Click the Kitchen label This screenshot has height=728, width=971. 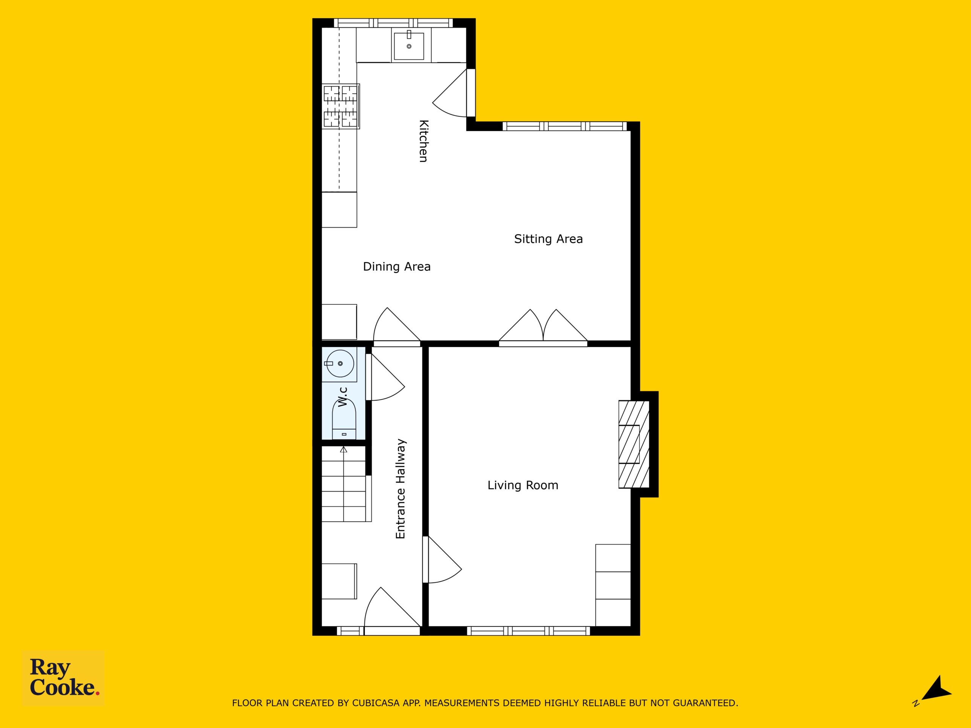[423, 141]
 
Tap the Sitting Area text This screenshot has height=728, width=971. [548, 239]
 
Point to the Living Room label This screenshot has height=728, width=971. [523, 485]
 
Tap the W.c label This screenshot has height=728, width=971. [343, 396]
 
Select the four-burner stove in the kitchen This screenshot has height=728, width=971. [341, 106]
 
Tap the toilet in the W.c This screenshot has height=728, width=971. [344, 419]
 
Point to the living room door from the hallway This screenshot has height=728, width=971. [443, 560]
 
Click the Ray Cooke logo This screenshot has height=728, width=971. [63, 678]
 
